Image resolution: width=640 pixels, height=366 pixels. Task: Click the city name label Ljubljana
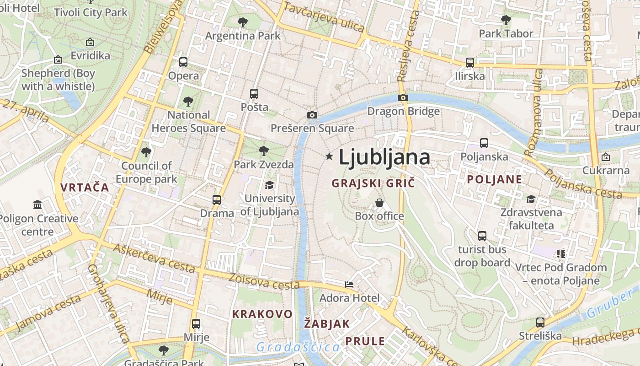tap(384, 157)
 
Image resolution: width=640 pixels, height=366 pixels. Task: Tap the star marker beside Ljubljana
tap(329, 156)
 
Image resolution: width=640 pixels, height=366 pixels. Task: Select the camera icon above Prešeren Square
tap(312, 115)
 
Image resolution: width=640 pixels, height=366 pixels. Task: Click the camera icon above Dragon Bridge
tap(403, 97)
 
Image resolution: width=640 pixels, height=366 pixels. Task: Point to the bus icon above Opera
tap(183, 62)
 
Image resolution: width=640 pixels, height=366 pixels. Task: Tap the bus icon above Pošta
tap(254, 94)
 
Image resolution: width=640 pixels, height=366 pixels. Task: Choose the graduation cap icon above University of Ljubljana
tap(269, 185)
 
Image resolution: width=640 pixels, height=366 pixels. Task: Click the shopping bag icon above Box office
tap(379, 202)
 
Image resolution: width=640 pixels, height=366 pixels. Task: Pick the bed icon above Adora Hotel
tap(349, 285)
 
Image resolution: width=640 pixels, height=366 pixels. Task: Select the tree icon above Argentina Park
tap(243, 22)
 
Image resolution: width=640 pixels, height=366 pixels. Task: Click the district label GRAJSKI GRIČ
tap(373, 183)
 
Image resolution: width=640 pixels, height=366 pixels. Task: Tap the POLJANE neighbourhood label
tap(494, 179)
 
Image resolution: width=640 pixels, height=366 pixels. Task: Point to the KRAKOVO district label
tap(262, 314)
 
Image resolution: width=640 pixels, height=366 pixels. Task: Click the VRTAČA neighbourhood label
tap(85, 187)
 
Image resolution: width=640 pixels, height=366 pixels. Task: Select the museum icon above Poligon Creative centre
tap(37, 205)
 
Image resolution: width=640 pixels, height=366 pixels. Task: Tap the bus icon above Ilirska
tap(470, 63)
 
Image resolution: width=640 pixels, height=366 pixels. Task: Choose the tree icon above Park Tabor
tap(506, 20)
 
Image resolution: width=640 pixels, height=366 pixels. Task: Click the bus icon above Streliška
tap(540, 323)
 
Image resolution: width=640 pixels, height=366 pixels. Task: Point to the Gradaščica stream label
tap(298, 347)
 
